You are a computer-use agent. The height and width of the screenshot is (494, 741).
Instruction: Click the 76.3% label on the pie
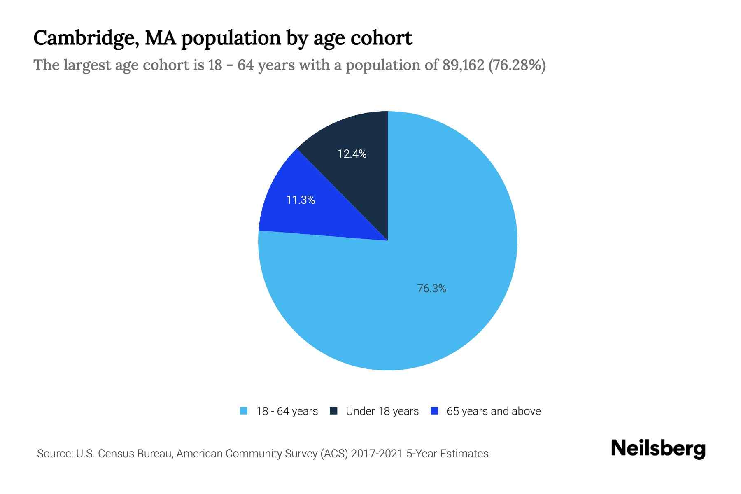coord(431,289)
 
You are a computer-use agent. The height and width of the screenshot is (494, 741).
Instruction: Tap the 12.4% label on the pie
coord(352,154)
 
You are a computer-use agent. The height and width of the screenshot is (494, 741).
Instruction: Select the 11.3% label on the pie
coord(301,200)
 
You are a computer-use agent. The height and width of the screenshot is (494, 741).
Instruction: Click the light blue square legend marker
coord(244,411)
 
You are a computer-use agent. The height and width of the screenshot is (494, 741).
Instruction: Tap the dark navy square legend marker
coord(333,411)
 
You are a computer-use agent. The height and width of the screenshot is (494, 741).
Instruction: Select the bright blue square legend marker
coord(434,411)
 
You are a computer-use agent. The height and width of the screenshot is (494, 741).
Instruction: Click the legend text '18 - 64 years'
coord(287,411)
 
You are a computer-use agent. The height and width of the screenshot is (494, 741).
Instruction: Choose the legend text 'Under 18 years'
coord(382,411)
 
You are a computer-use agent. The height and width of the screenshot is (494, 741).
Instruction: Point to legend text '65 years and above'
coord(494,411)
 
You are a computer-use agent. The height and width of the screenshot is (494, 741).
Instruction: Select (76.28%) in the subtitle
coord(517,65)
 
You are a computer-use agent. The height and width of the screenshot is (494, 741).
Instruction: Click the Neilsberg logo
coord(658,449)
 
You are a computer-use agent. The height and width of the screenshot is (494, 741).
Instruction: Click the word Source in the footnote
coord(54,454)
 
